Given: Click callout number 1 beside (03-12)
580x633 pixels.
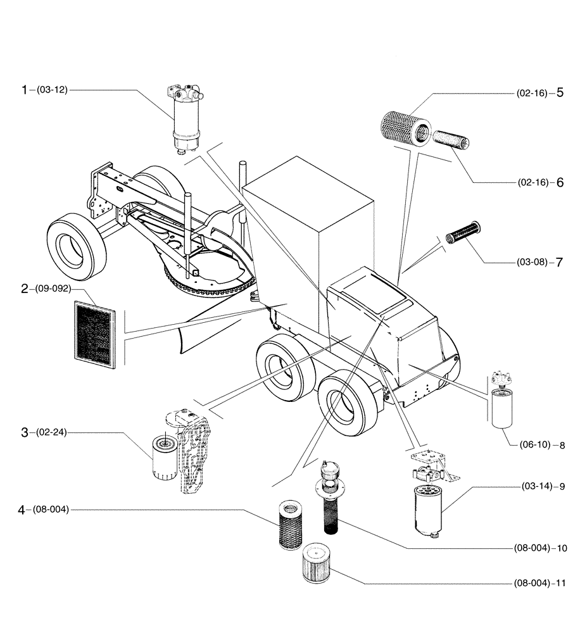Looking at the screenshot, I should click(25, 91).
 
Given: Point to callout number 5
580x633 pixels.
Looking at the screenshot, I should click(560, 93).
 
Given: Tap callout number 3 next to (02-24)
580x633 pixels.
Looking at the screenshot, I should click(25, 432).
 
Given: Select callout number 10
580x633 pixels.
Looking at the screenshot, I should click(561, 548).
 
